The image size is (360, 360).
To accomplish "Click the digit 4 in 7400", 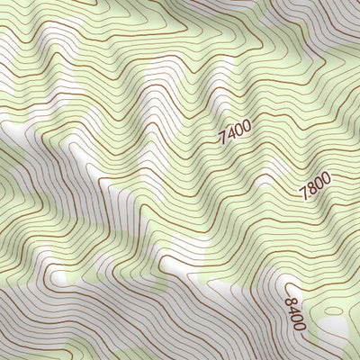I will point(231,135).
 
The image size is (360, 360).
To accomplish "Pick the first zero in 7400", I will point(238,131).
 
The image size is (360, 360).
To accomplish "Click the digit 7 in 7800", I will point(303,197).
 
